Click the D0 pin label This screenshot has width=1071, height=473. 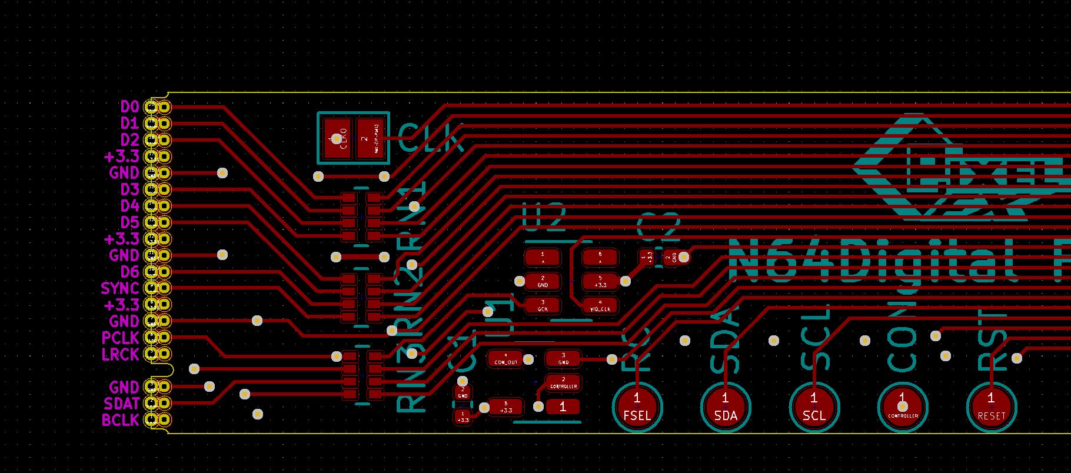click(129, 107)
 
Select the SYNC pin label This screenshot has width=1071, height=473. click(120, 289)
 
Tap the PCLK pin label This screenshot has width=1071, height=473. click(120, 338)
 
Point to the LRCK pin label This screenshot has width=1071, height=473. click(120, 355)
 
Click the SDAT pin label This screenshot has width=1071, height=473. click(121, 404)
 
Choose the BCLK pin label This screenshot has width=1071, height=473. click(120, 421)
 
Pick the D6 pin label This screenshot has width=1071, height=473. click(129, 272)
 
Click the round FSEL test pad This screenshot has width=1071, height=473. click(637, 407)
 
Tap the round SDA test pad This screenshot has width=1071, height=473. click(726, 407)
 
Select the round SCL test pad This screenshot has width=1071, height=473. click(814, 407)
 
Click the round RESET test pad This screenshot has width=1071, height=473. click(992, 407)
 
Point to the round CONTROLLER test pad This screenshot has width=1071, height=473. click(903, 407)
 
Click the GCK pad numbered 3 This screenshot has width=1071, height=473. click(543, 305)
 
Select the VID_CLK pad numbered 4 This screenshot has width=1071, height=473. click(600, 305)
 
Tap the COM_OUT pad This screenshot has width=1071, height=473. click(505, 359)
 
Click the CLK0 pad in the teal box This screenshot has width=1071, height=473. click(336, 139)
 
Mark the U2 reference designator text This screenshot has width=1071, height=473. click(544, 218)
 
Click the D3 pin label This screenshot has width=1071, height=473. click(129, 190)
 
